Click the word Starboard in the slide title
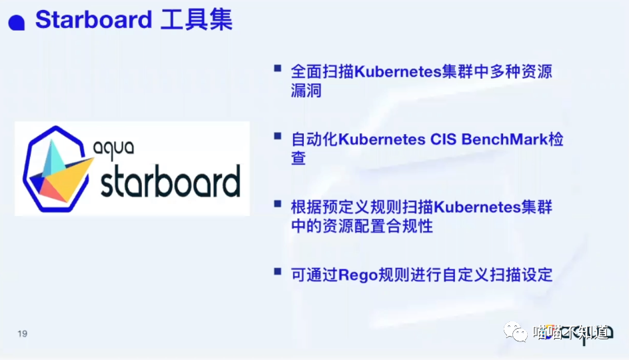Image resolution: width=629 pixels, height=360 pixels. click(93, 19)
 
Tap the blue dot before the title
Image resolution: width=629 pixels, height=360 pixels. click(17, 23)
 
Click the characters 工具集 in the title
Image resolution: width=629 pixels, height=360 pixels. click(197, 19)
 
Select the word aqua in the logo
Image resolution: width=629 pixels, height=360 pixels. click(113, 149)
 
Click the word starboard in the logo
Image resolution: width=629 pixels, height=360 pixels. click(171, 182)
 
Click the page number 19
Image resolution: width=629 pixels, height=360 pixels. click(23, 333)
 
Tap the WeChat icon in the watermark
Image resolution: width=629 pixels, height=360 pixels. click(516, 332)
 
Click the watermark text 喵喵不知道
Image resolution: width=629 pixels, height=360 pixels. click(572, 332)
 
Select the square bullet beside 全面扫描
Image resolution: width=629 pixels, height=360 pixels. click(278, 68)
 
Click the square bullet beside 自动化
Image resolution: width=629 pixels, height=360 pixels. click(278, 136)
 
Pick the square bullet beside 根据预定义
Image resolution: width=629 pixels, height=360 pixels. click(278, 204)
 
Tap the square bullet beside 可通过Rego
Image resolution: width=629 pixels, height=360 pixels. click(278, 272)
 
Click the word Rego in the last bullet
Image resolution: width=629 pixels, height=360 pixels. click(358, 276)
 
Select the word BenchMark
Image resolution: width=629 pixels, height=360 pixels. click(504, 139)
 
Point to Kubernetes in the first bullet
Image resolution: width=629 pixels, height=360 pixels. click(398, 71)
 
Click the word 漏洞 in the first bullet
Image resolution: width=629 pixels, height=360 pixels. click(307, 91)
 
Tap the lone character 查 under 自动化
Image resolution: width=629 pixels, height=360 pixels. click(299, 158)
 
